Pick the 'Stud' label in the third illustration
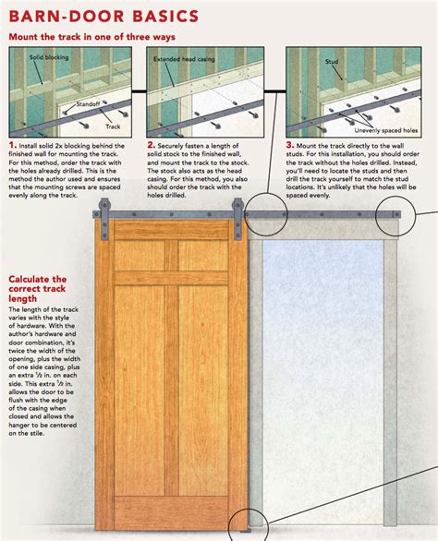[x=332, y=62]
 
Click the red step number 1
[x=11, y=145]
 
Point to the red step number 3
[x=290, y=145]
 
